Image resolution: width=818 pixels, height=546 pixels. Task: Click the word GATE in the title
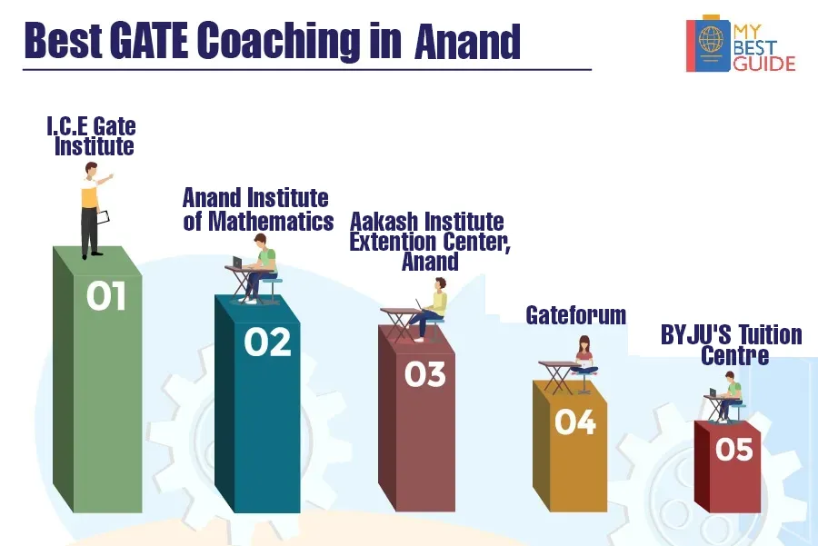click(149, 41)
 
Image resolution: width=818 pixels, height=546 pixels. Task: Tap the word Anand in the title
click(467, 42)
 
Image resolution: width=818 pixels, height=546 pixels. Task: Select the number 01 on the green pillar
click(106, 295)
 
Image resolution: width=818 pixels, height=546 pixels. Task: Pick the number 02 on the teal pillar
click(267, 342)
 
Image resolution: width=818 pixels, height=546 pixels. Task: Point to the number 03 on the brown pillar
click(425, 374)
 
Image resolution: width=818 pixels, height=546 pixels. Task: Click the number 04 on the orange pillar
click(575, 422)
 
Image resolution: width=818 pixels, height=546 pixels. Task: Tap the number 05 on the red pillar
click(734, 449)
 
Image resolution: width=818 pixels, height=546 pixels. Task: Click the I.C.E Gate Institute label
click(93, 136)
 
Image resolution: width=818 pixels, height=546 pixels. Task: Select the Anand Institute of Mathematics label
click(258, 210)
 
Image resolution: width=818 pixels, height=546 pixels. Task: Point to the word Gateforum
click(576, 315)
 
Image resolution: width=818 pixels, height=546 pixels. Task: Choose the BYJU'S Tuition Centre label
click(732, 345)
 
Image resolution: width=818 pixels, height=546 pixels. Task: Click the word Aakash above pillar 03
click(384, 223)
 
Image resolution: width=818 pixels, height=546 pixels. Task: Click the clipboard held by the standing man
click(104, 217)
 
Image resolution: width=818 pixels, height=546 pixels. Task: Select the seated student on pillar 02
click(261, 268)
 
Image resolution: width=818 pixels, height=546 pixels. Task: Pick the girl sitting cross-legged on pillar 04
click(584, 356)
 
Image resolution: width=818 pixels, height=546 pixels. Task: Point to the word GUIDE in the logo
click(764, 64)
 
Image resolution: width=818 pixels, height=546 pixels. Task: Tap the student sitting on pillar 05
click(729, 396)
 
